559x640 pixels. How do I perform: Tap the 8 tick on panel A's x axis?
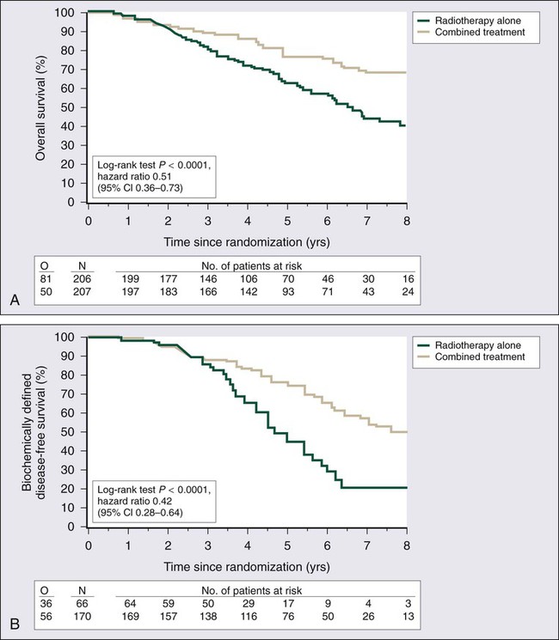click(x=406, y=221)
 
